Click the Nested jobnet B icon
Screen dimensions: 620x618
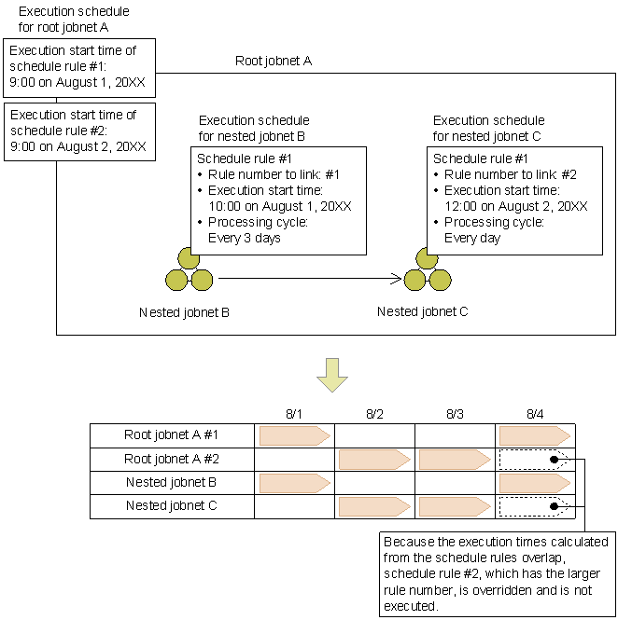[189, 270]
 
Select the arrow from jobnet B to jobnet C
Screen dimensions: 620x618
[309, 277]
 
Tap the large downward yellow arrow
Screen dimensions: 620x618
[331, 374]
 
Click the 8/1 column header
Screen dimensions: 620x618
[294, 414]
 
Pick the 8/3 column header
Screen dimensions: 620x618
[455, 414]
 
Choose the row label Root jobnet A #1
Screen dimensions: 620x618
[172, 434]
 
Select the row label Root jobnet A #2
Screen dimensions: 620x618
[172, 459]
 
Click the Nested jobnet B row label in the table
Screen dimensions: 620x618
[172, 482]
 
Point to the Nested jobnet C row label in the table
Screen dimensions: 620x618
[172, 506]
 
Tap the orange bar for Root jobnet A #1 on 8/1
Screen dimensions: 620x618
[294, 434]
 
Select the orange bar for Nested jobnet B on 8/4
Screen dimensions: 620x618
[535, 482]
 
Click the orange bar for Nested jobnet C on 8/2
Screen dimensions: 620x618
[374, 506]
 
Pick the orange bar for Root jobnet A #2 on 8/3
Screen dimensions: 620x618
[455, 459]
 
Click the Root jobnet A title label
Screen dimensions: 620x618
[273, 61]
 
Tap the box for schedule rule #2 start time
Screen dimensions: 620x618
[79, 131]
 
